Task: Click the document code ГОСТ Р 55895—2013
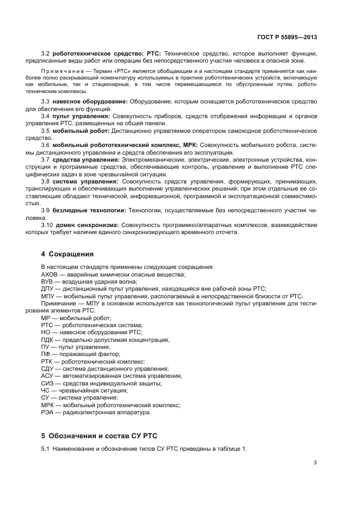pos(286,37)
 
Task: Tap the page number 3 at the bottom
pos(315,463)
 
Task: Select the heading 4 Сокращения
pos(68,254)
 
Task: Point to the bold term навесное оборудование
pos(90,102)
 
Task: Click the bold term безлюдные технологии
pos(90,210)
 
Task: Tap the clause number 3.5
pos(46,131)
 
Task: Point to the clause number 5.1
pos(46,449)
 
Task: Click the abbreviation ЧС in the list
pos(46,390)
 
